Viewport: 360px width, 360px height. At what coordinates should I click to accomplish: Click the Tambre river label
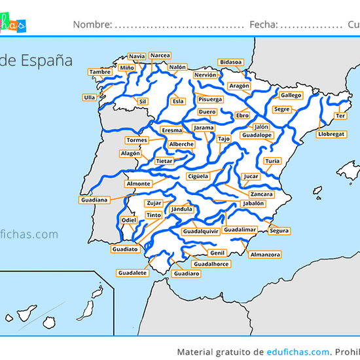click(99, 72)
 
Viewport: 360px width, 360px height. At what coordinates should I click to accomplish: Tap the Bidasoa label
click(230, 62)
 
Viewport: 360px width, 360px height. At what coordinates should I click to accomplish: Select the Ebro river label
click(242, 115)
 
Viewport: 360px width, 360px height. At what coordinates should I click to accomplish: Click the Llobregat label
click(331, 134)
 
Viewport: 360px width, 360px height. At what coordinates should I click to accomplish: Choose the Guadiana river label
click(94, 200)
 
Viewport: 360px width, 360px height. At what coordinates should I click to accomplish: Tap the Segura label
click(279, 231)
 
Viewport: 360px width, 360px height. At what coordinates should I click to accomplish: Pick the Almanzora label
click(266, 254)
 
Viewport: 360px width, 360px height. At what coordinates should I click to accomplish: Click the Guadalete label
click(132, 272)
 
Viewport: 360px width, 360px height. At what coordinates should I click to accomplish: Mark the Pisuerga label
click(210, 99)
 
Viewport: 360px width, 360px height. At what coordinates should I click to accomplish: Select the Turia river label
click(272, 160)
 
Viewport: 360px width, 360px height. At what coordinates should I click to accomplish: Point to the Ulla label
click(89, 98)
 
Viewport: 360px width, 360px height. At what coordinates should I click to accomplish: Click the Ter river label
click(340, 116)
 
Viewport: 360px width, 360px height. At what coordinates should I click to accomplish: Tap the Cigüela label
click(198, 176)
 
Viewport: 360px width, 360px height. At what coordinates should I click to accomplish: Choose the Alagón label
click(130, 153)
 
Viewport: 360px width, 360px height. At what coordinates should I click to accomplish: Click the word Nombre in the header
click(92, 25)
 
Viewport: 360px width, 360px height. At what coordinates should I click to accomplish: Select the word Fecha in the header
click(263, 25)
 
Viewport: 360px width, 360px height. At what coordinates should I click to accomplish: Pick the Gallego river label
click(291, 96)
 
